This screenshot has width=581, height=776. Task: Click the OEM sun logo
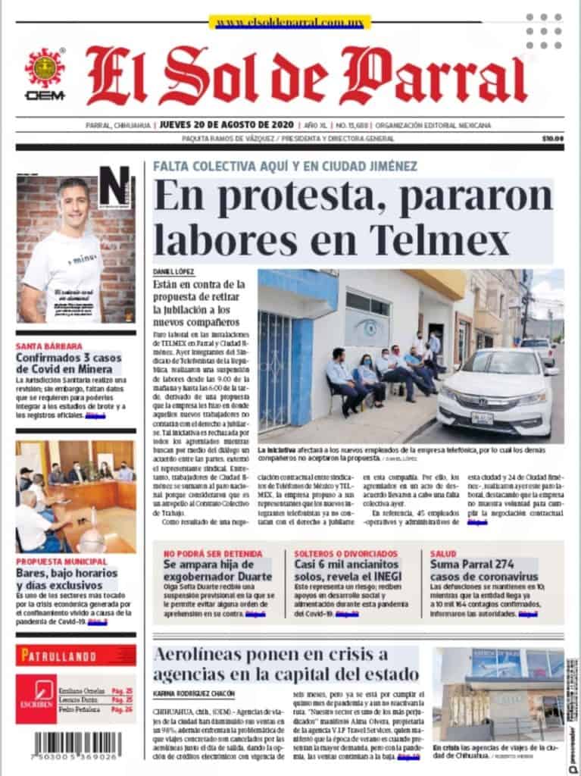click(x=45, y=68)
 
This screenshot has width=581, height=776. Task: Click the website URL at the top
click(x=290, y=23)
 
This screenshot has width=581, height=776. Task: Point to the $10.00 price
click(x=553, y=139)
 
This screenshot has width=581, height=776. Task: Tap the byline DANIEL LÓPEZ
click(x=173, y=271)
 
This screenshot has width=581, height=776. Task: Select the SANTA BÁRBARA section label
click(x=49, y=346)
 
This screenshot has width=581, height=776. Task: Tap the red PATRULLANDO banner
click(x=76, y=655)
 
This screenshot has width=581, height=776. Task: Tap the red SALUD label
click(x=443, y=554)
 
